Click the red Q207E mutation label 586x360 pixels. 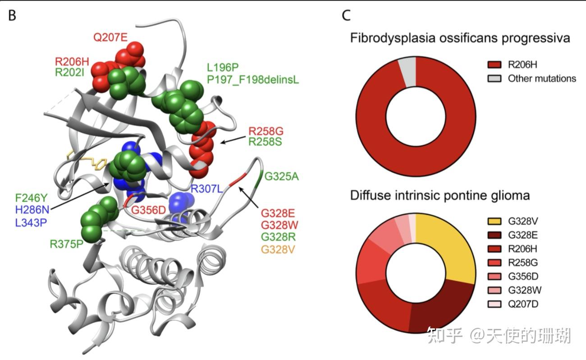110,37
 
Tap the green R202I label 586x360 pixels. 69,73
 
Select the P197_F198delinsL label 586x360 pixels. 253,79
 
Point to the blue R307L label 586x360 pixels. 206,189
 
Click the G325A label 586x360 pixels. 281,176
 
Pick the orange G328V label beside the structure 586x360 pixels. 278,249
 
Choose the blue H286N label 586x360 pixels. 32,210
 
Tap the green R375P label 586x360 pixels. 66,244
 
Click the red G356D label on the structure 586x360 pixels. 148,210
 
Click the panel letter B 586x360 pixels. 12,15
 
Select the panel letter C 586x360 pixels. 346,15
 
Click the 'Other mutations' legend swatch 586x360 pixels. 494,78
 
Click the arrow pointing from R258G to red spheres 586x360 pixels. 233,139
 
